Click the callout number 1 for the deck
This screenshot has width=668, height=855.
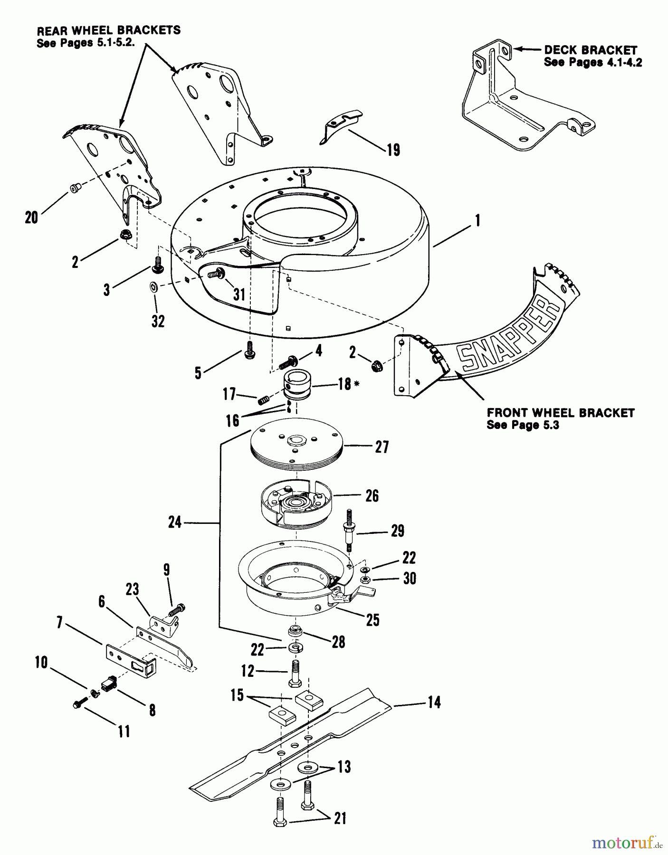[x=477, y=221]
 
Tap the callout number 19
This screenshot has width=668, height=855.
[x=393, y=150]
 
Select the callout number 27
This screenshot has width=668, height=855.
[x=382, y=447]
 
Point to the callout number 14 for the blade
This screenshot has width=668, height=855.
[x=434, y=702]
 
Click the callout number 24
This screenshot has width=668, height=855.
[x=175, y=522]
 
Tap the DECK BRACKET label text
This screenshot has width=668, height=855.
[x=590, y=50]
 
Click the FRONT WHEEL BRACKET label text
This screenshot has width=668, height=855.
[x=561, y=413]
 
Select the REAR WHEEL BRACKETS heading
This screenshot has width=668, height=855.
[x=108, y=30]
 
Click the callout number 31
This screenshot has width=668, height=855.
[x=239, y=294]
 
